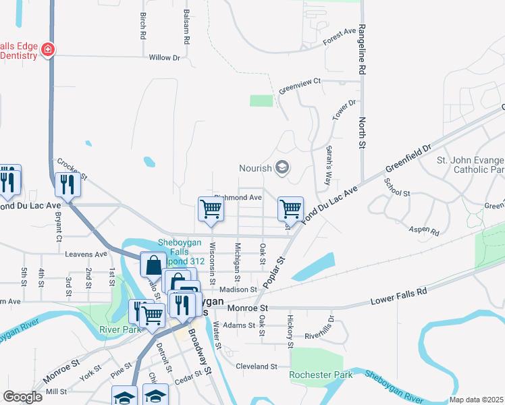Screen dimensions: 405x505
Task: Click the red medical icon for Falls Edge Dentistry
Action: [48, 49]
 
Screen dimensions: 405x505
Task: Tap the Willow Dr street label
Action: [164, 58]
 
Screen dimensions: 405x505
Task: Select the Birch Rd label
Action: [142, 25]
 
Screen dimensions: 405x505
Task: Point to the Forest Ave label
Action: [340, 36]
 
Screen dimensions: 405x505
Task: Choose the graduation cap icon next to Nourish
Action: [282, 167]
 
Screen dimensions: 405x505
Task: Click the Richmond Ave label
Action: [238, 198]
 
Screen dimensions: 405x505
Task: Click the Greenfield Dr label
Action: [408, 158]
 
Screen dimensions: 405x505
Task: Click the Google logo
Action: [22, 397]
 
